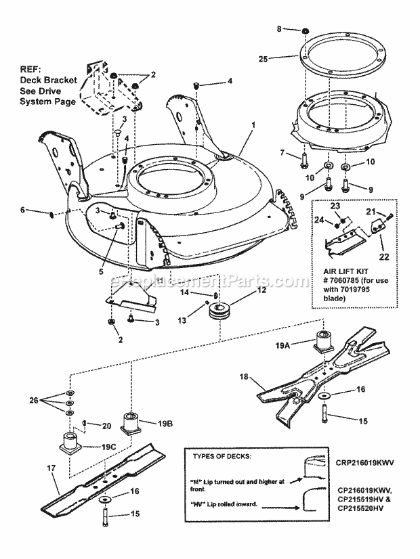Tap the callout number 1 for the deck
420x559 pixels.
pos(254,126)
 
